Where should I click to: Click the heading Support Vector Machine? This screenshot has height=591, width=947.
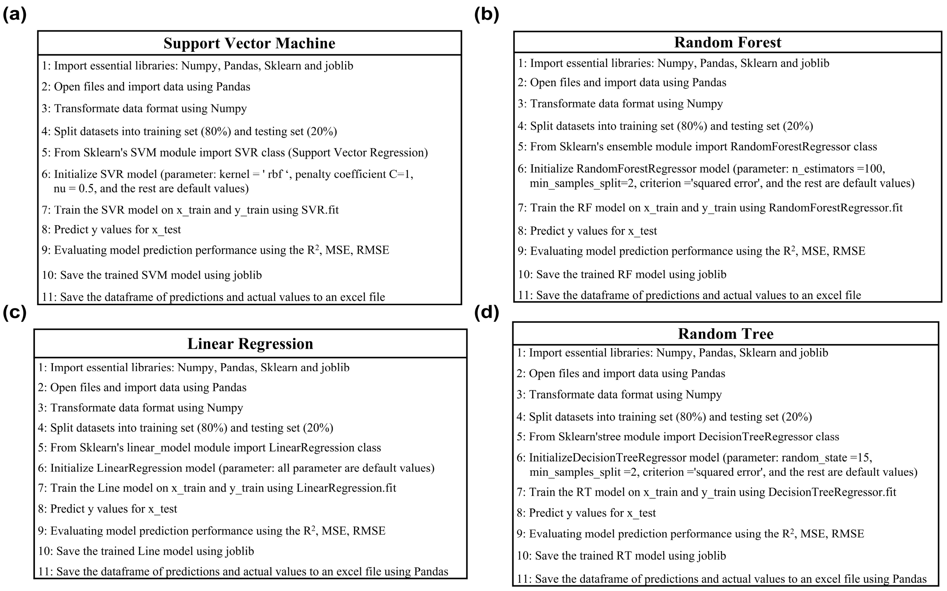[x=249, y=43]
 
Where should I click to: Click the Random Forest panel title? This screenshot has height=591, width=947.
[x=727, y=42]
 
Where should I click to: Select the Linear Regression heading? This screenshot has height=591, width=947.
[x=250, y=344]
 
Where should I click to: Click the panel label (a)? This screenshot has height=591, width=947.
[x=15, y=15]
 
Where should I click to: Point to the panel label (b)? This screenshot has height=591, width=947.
[x=486, y=15]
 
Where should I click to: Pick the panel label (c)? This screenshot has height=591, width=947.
[x=15, y=313]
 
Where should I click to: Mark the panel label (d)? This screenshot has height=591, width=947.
[x=486, y=313]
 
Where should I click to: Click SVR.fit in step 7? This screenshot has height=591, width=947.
[x=320, y=210]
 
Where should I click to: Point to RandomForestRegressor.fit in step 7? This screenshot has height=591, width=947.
[x=835, y=208]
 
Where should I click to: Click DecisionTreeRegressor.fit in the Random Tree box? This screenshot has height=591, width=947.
[x=832, y=492]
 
